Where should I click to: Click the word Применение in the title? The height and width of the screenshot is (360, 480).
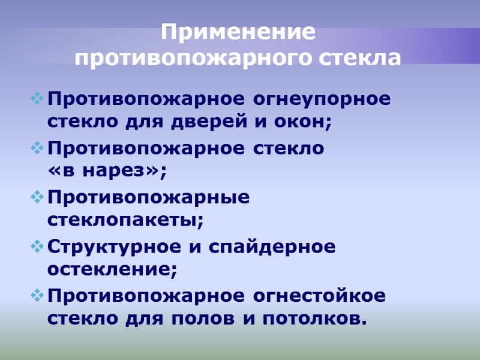pos(238,32)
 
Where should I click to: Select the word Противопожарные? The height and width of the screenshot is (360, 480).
pos(149,197)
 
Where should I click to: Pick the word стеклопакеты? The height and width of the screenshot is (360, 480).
pos(125,220)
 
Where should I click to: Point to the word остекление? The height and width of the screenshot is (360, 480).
pos(112,270)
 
